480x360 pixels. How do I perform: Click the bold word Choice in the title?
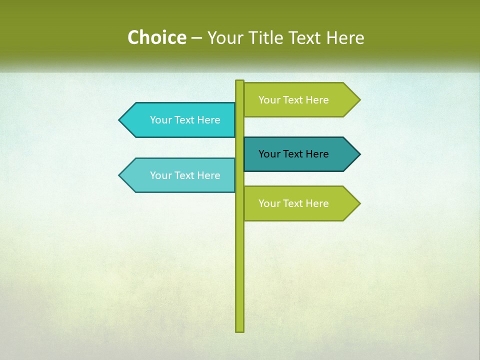coord(156,37)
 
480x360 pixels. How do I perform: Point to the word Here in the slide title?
coord(345,37)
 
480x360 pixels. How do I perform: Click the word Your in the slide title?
coord(225,37)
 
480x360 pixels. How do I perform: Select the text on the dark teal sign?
coord(293,154)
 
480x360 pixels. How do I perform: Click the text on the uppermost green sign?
coord(293,100)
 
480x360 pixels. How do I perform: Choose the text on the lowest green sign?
coord(293,203)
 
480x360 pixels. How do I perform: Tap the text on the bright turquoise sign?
coord(185,120)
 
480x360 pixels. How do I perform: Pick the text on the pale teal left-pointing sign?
coord(185,175)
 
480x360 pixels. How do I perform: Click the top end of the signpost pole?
coord(239,81)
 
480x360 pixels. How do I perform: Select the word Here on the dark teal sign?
coord(317,154)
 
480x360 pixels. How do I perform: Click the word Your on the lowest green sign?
coord(269,203)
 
